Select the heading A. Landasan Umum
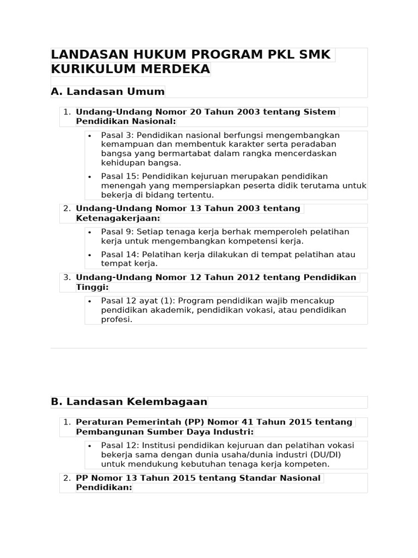(x=108, y=91)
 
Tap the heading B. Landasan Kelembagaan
(x=129, y=402)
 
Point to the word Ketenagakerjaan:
(x=118, y=218)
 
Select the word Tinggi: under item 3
(x=93, y=287)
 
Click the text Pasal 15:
(x=119, y=176)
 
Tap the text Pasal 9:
(x=116, y=232)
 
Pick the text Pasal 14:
(x=119, y=254)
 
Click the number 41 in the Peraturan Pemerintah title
(x=233, y=422)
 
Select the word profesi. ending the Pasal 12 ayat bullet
(x=116, y=319)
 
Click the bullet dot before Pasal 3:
(x=90, y=135)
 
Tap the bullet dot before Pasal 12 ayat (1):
(x=90, y=301)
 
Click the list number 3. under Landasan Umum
(x=67, y=277)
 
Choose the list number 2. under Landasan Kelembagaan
(x=67, y=478)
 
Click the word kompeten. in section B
(x=309, y=464)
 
